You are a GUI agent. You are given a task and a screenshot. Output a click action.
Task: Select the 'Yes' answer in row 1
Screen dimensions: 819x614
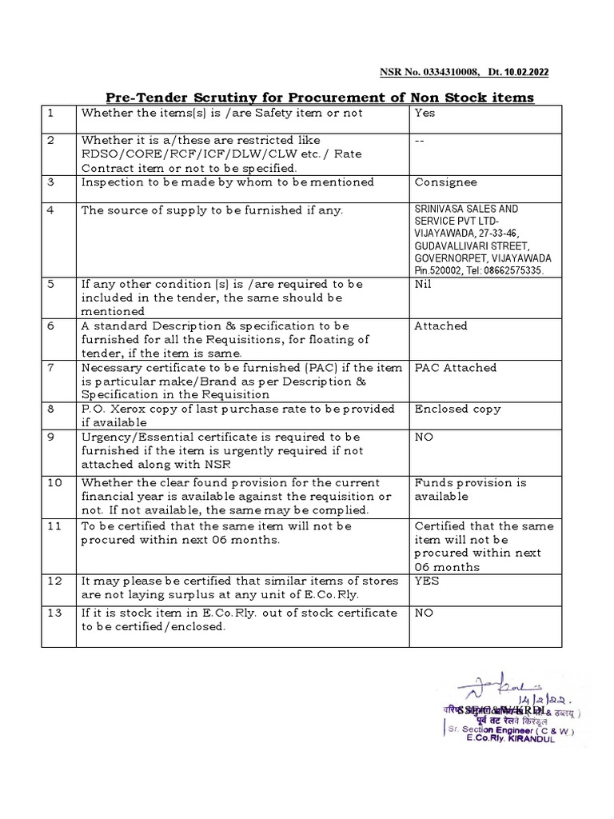tap(425, 114)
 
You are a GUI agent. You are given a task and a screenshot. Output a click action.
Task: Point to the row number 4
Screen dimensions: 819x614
tap(50, 210)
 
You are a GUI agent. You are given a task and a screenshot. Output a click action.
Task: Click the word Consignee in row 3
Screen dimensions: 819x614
tap(445, 182)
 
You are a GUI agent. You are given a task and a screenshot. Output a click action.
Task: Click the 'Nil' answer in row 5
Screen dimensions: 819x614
tap(423, 284)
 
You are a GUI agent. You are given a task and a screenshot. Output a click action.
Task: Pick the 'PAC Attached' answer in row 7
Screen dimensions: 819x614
tap(455, 367)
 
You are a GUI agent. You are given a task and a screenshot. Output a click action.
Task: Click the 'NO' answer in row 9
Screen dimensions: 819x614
tap(424, 437)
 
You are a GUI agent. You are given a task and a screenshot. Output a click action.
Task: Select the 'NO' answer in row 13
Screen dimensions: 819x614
tap(424, 613)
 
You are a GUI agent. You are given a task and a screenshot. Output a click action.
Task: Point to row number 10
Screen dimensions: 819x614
tap(53, 482)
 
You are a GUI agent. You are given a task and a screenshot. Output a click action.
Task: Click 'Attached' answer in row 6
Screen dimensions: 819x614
tap(441, 326)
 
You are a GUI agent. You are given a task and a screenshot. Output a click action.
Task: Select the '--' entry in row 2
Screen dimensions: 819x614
tap(419, 140)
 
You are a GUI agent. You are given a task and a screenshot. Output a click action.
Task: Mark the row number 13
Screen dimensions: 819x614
tap(53, 613)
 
